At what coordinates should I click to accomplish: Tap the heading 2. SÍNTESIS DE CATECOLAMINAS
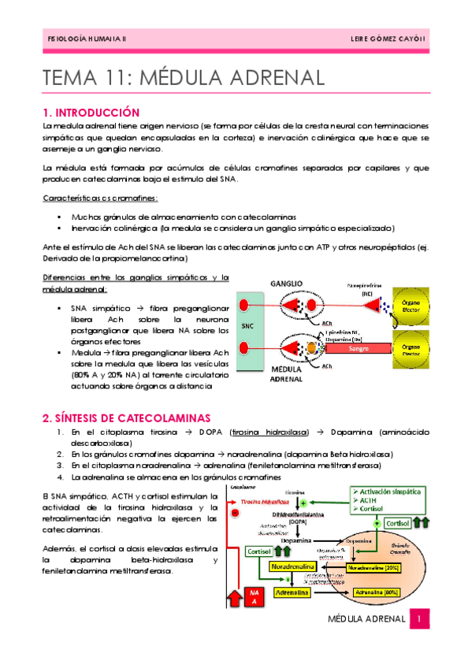coord(126,417)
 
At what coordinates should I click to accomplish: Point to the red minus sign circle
coord(235,513)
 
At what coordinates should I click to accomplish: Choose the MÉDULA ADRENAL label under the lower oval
coord(285,373)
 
